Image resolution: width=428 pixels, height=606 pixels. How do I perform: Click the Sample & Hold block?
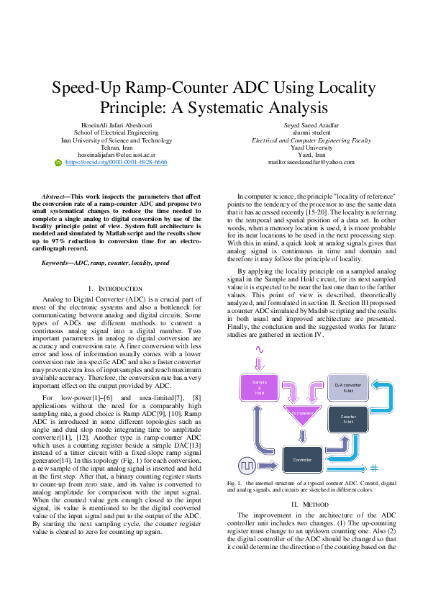(260, 386)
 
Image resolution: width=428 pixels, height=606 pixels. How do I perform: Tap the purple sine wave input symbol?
(260, 351)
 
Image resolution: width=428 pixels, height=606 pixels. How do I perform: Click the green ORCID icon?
(59, 163)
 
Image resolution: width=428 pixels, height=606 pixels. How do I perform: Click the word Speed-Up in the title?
(94, 88)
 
